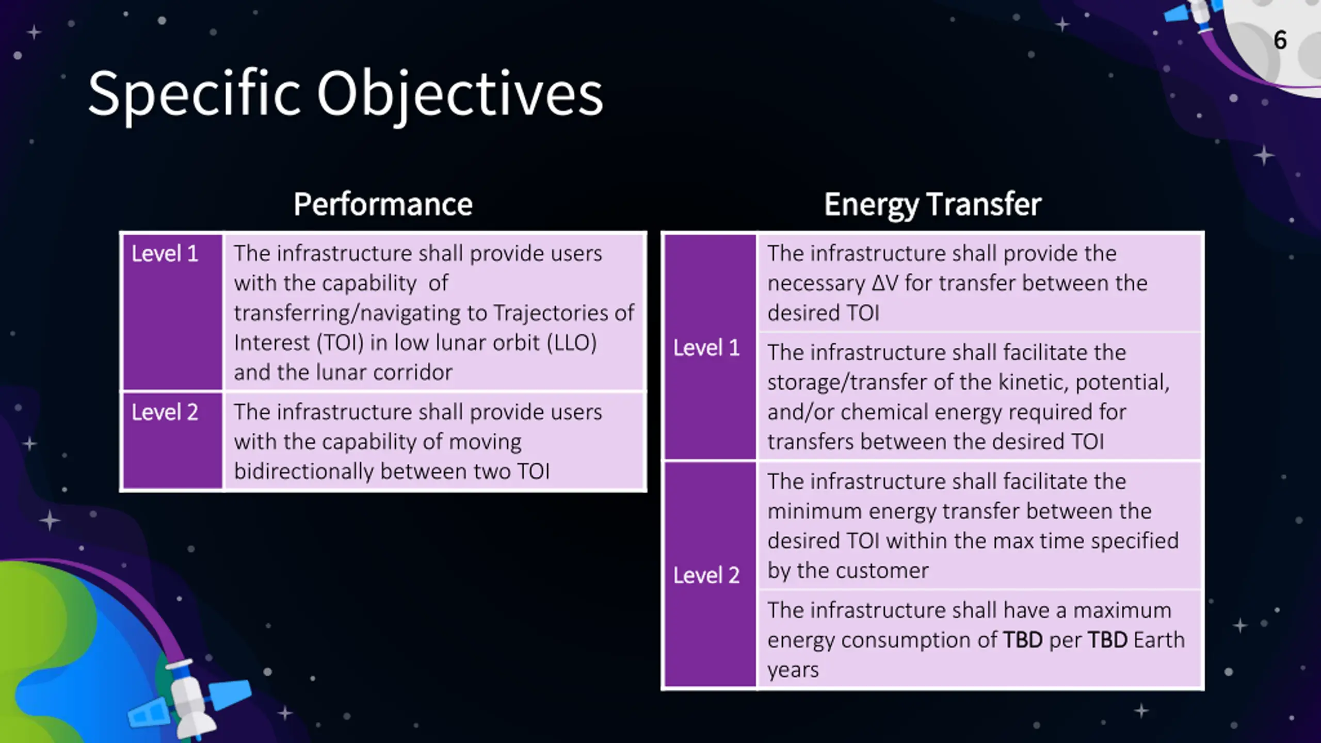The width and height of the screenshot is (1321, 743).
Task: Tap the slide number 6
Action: click(x=1280, y=40)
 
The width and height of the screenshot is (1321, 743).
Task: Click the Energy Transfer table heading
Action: click(x=932, y=205)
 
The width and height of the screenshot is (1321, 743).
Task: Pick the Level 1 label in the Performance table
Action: click(x=165, y=253)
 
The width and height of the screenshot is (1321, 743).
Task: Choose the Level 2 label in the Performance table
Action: click(x=165, y=412)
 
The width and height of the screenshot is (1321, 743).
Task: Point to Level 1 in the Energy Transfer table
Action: click(x=706, y=348)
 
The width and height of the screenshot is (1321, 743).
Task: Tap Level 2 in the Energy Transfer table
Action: click(x=706, y=575)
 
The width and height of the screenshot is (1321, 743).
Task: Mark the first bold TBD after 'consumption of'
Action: click(x=1023, y=640)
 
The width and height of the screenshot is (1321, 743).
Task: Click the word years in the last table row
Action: click(x=793, y=670)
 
